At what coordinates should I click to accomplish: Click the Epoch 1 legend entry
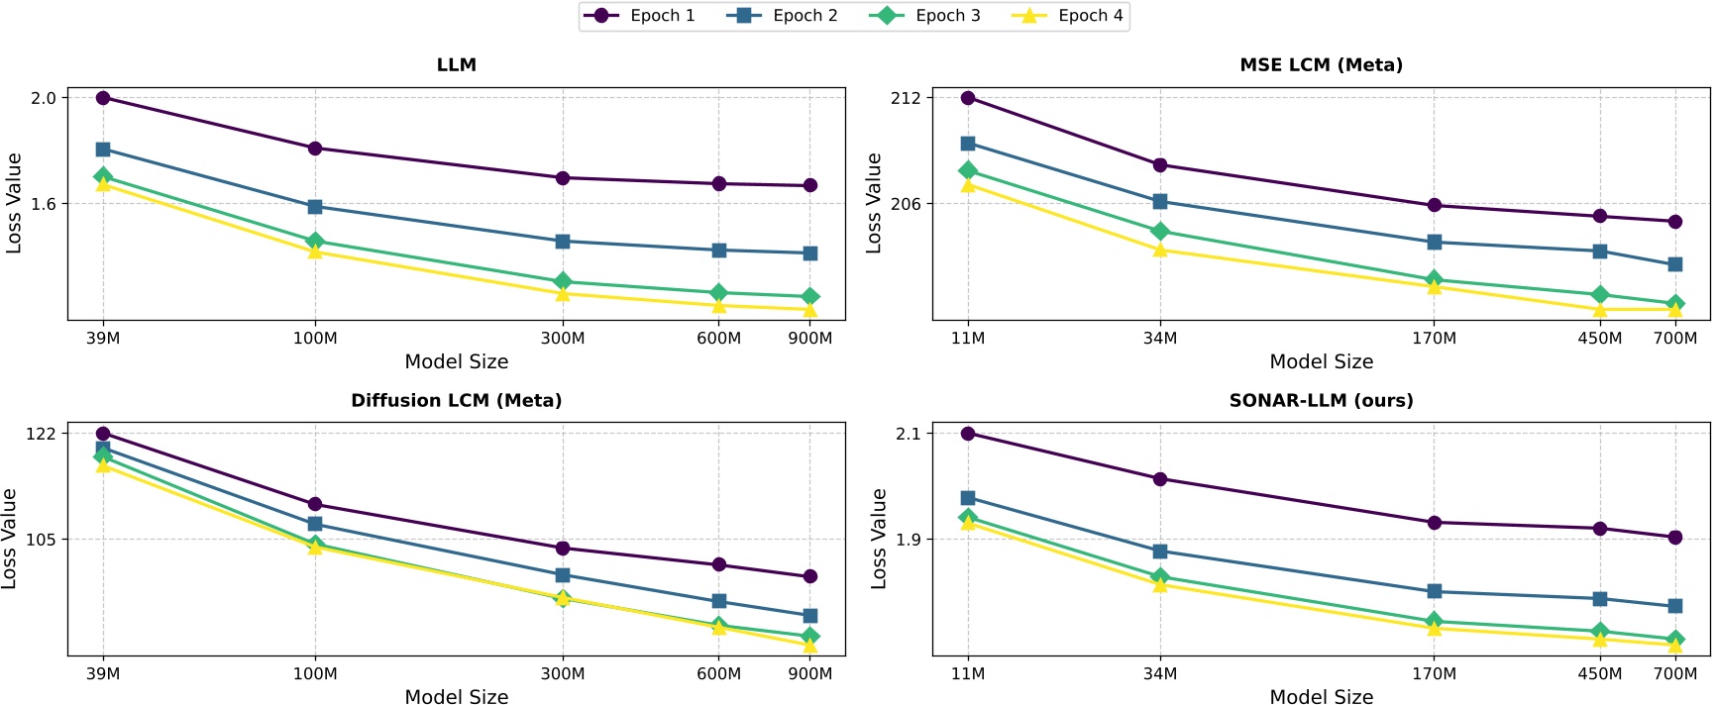[639, 16]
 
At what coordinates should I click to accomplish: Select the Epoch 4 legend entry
[1067, 16]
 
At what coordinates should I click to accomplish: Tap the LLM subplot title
[456, 65]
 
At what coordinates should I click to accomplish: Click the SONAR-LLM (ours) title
[1321, 401]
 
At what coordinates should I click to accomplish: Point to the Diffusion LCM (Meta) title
[456, 401]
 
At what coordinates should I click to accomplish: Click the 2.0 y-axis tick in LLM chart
[44, 98]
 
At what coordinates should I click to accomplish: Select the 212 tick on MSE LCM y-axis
[906, 98]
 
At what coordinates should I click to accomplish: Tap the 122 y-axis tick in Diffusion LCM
[41, 434]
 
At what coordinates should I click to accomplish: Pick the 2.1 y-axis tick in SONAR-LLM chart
[909, 434]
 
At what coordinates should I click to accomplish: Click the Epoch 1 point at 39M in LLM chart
[103, 98]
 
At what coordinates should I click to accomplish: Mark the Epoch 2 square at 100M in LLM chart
[315, 207]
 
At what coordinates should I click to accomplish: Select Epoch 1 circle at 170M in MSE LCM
[1434, 206]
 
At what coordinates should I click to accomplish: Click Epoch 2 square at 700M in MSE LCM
[1674, 264]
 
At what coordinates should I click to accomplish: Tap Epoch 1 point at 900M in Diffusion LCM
[809, 576]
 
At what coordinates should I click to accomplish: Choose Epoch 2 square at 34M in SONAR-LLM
[1160, 552]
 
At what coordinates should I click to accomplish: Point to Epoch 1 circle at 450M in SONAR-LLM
[1599, 529]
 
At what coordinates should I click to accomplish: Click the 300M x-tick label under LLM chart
[562, 339]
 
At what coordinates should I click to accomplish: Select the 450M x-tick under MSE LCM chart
[1599, 339]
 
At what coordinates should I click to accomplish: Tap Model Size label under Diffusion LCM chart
[456, 696]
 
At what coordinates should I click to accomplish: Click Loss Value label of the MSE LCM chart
[874, 203]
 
